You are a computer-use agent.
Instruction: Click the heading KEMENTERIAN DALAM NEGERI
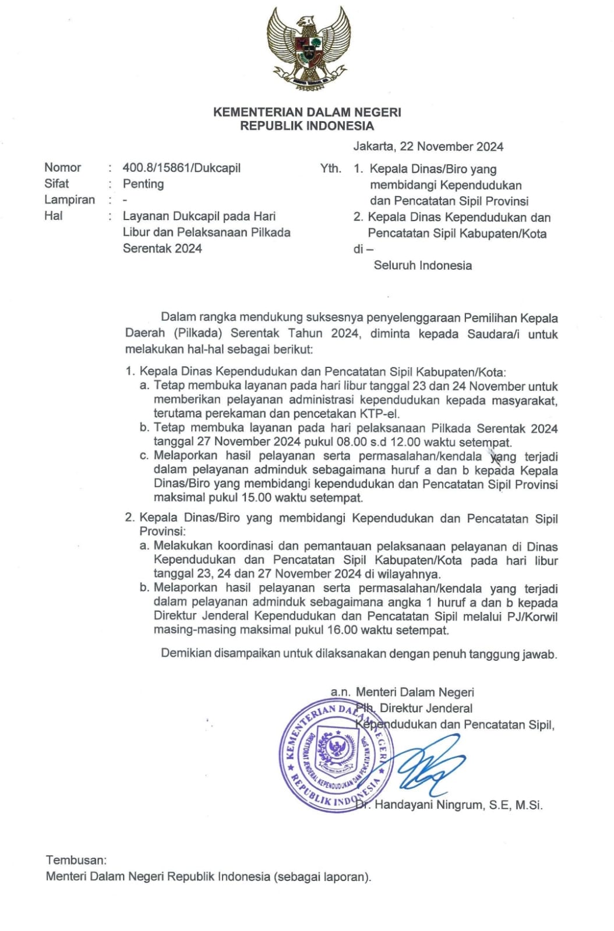(307, 112)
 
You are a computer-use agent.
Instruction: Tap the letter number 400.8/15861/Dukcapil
(181, 168)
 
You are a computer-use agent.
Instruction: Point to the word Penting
(143, 184)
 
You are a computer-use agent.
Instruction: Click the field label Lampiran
(69, 200)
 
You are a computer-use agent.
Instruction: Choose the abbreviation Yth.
(330, 169)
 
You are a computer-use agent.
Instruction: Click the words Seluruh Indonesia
(422, 266)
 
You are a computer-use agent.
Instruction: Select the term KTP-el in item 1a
(381, 414)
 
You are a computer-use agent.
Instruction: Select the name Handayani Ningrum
(429, 805)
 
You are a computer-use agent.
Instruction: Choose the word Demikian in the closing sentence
(186, 653)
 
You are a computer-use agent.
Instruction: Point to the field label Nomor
(63, 168)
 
